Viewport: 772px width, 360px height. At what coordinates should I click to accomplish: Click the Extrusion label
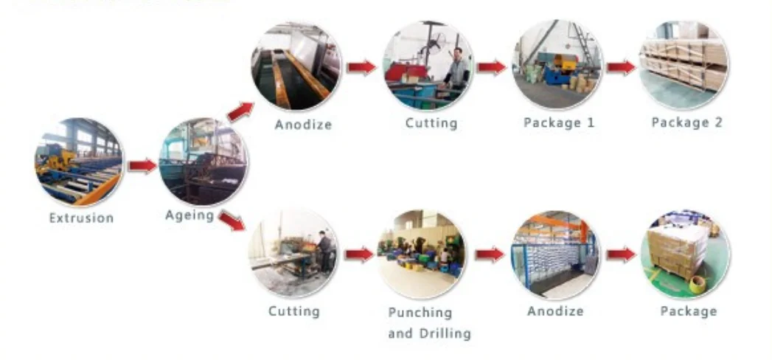[x=81, y=218]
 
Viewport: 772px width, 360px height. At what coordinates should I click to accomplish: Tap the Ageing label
[x=189, y=215]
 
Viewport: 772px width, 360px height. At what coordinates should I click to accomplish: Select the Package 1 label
[x=558, y=122]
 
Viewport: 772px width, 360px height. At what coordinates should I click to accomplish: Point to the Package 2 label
[x=686, y=122]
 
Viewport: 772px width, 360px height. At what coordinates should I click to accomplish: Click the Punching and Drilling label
[x=429, y=322]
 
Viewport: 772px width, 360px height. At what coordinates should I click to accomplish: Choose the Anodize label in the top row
[x=303, y=124]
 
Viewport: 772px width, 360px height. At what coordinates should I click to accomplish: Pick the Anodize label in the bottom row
[x=555, y=311]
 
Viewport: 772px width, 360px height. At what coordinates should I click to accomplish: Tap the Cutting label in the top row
[x=431, y=122]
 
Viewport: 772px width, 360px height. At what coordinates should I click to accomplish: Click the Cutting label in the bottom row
[x=293, y=311]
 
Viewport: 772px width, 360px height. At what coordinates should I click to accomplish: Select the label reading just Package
[x=688, y=311]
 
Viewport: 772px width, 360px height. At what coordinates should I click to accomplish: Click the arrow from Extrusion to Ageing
[x=142, y=166]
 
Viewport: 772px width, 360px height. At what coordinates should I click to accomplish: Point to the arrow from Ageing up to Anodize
[x=240, y=111]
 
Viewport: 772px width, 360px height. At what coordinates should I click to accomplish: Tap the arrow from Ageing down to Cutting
[x=232, y=220]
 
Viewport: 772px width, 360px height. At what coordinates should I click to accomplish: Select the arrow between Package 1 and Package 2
[x=621, y=67]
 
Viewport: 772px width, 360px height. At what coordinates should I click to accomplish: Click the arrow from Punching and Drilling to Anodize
[x=489, y=255]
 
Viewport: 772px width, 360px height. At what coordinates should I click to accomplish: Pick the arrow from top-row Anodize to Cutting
[x=361, y=67]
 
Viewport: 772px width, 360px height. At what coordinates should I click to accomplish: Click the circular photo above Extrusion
[x=79, y=162]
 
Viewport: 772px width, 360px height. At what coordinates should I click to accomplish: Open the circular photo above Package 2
[x=683, y=65]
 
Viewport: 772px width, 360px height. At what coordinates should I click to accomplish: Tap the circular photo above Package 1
[x=557, y=65]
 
